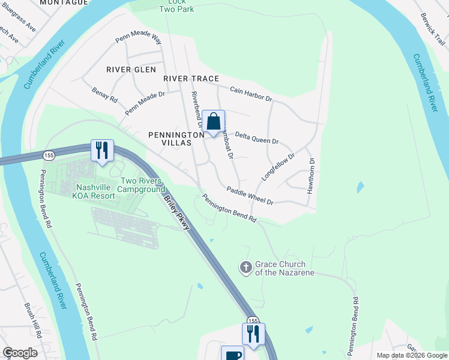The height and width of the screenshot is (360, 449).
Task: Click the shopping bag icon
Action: click(213, 122)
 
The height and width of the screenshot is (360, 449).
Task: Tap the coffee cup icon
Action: click(232, 354)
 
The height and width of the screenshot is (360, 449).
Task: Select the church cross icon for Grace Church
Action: click(246, 267)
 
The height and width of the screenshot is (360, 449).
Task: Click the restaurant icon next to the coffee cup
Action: click(253, 334)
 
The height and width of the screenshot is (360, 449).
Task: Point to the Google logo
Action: click(20, 353)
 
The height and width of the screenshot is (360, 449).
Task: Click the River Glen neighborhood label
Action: click(131, 70)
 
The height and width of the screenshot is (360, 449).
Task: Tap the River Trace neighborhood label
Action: click(191, 79)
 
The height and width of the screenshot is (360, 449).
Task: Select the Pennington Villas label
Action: click(170, 139)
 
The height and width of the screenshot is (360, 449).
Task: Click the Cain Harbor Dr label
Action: click(252, 94)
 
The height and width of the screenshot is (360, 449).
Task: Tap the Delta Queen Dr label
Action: click(256, 138)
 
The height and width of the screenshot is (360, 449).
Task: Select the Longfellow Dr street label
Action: click(279, 167)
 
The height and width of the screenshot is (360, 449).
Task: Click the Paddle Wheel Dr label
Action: click(250, 196)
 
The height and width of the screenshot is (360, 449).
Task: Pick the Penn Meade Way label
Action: click(139, 39)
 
